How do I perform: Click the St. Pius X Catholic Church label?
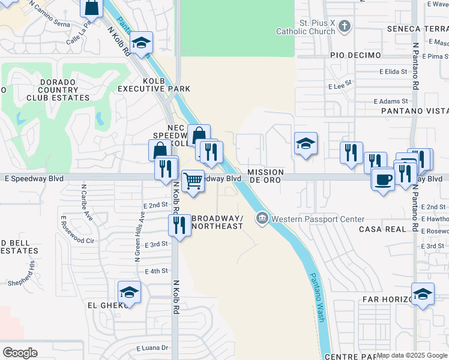[x=304, y=28]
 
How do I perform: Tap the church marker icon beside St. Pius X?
[x=344, y=26]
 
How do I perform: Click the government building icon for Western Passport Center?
[x=262, y=218]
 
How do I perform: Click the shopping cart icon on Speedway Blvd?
[x=193, y=179]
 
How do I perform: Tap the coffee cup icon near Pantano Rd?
[x=383, y=178]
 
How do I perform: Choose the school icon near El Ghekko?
[x=129, y=293]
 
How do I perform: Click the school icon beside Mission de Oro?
[x=306, y=144]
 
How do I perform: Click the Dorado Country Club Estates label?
[x=57, y=89]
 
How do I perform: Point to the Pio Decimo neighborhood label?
[x=355, y=55]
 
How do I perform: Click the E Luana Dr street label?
[x=152, y=348]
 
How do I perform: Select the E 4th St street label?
[x=155, y=271]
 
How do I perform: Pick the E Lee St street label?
[x=339, y=86]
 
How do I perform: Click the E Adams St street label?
[x=390, y=102]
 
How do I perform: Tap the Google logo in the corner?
[x=20, y=353]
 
